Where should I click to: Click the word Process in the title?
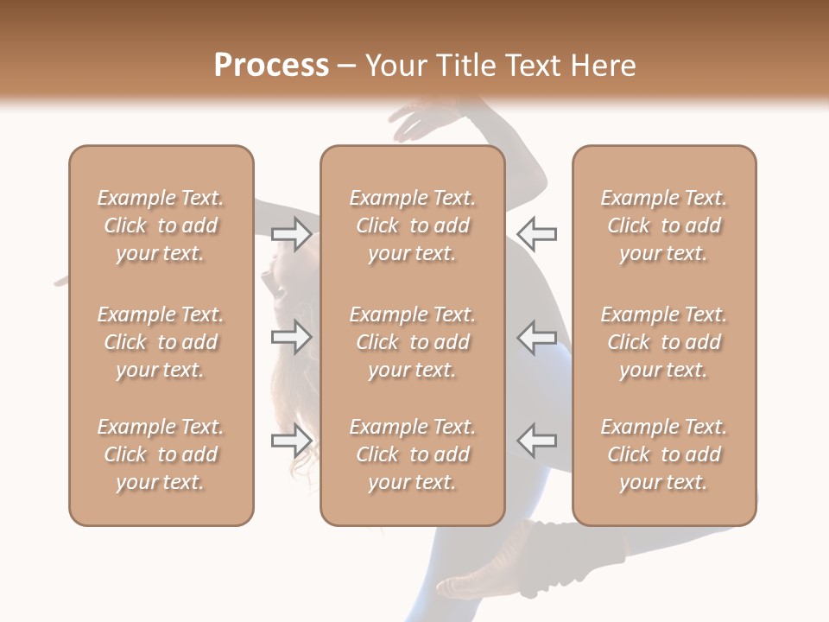[x=271, y=66]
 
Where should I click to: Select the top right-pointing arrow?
[x=292, y=234]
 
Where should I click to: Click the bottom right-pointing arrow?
[x=292, y=441]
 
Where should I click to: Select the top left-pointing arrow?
[x=537, y=233]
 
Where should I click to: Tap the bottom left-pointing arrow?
[x=537, y=441]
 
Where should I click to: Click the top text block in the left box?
[x=161, y=225]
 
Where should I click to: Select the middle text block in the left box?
[x=161, y=342]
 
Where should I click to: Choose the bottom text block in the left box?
[x=161, y=454]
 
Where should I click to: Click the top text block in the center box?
[x=412, y=225]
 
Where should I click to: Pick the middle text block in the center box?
[x=412, y=342]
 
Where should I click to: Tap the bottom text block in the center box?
[x=412, y=454]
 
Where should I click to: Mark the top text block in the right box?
[x=664, y=225]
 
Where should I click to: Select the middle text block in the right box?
[x=664, y=342]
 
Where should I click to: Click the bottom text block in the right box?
[x=664, y=454]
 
